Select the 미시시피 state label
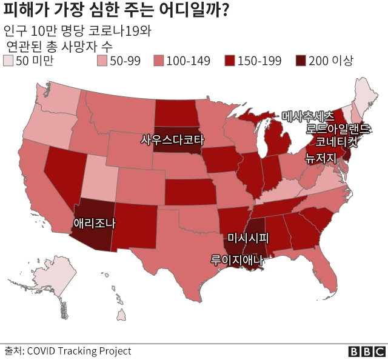coord(247,237)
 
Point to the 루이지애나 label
coord(237,261)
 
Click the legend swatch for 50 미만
coord(8,61)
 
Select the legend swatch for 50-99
coord(102,61)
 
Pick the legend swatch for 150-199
coord(230,61)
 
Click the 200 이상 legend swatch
coord(300,61)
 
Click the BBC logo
coord(366,352)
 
